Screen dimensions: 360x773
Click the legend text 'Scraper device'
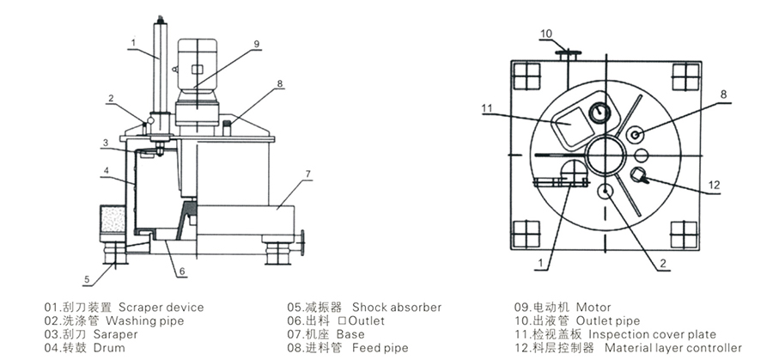pos(161,307)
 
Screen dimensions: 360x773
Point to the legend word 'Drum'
pos(109,348)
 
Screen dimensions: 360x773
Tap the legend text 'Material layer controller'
pos(673,348)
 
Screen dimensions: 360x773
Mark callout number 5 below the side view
pos(86,278)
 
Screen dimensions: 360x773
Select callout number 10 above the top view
pos(546,34)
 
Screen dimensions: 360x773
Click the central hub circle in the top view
pos(606,156)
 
